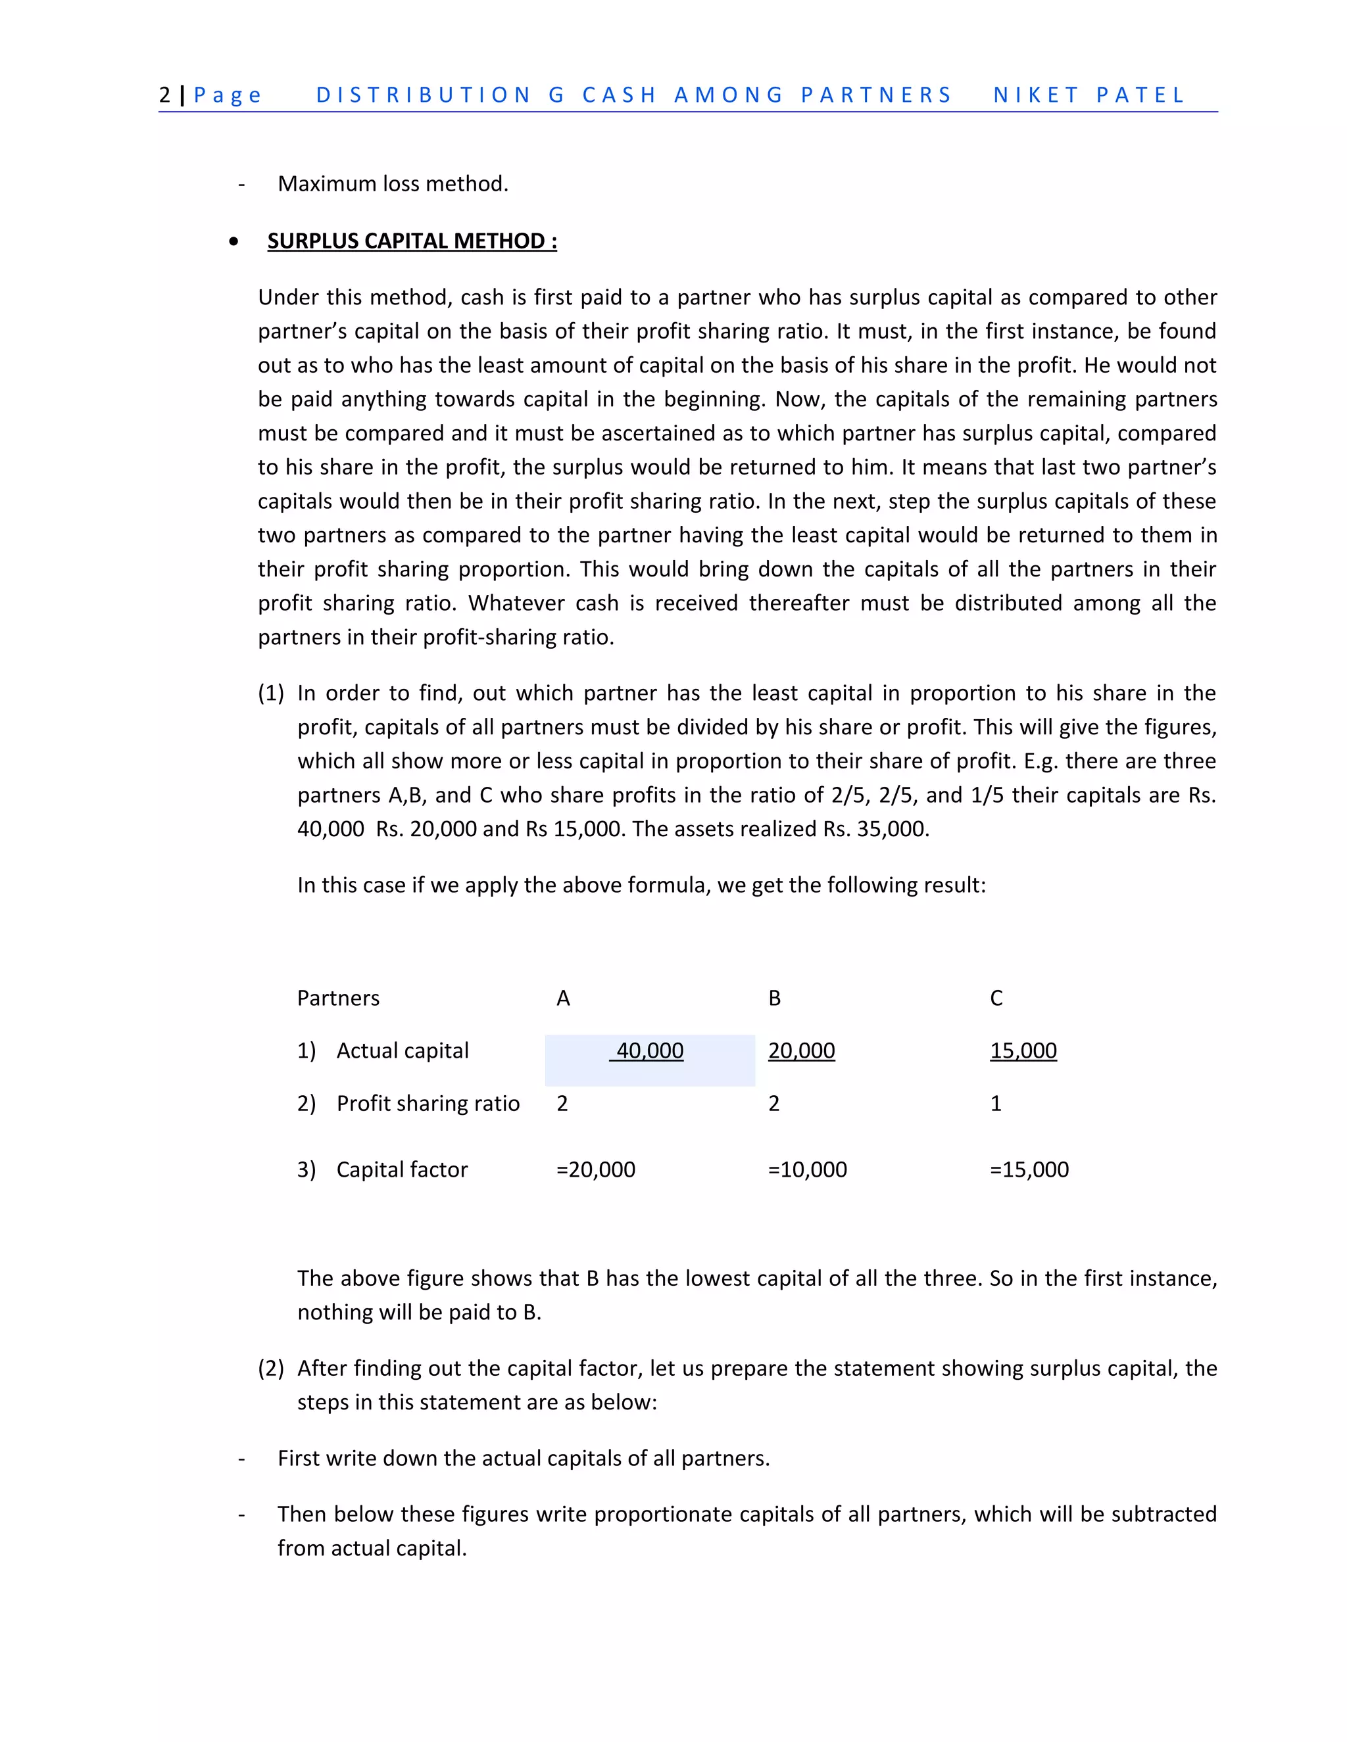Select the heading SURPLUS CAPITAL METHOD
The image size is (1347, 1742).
point(412,241)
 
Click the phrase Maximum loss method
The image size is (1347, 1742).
point(393,184)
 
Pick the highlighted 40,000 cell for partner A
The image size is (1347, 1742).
point(650,1051)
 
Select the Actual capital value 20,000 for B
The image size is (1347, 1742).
point(801,1051)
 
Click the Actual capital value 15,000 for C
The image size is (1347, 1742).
point(1023,1051)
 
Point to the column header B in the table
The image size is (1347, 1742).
point(774,999)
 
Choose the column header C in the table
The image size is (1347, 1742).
point(996,999)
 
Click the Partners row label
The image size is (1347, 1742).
point(338,999)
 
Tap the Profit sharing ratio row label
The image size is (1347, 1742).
point(428,1104)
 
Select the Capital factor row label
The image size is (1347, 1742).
point(401,1170)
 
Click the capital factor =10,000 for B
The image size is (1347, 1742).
point(807,1170)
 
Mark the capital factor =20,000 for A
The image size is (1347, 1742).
point(595,1170)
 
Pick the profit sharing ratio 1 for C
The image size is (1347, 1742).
point(995,1104)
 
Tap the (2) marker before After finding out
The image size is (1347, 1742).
point(270,1369)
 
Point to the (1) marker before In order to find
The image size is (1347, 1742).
point(270,693)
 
